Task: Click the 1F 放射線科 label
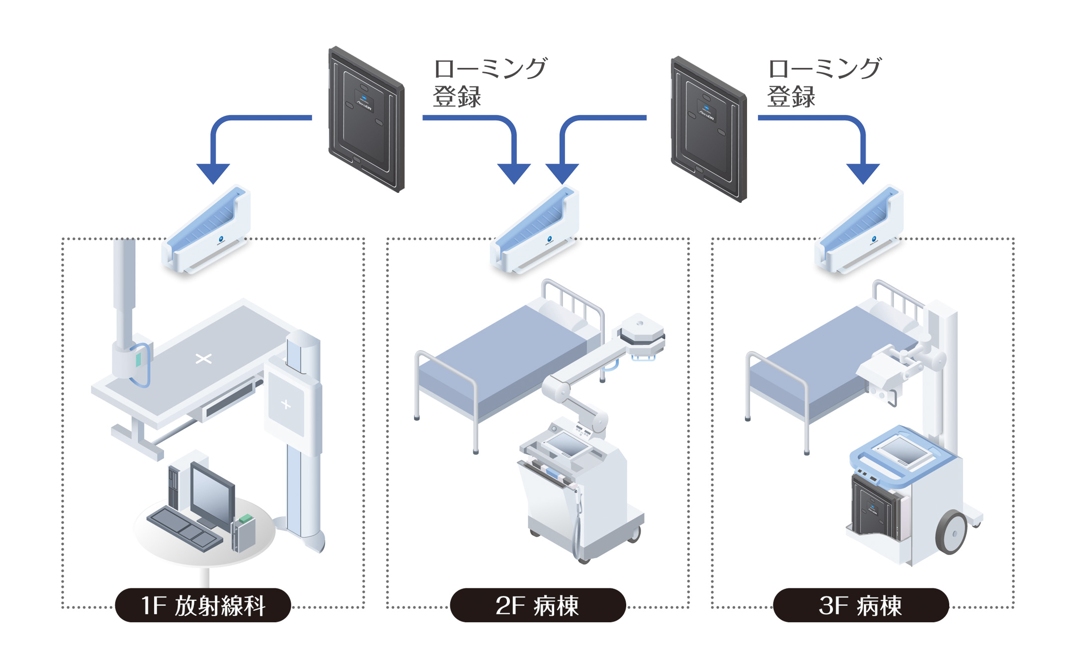coord(203,605)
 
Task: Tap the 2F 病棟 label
coord(538,605)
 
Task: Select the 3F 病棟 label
coord(861,605)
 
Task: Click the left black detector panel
coord(366,119)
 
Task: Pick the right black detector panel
coord(709,129)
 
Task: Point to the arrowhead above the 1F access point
coord(213,173)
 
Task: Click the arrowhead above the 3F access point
coord(863,173)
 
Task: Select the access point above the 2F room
coord(536,231)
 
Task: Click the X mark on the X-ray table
coord(203,358)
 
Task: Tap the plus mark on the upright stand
coord(286,405)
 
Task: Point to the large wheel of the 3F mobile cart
coord(952,532)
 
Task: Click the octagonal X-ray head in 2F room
coord(641,329)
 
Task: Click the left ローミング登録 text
coord(490,82)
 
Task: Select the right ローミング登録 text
coord(824,82)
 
